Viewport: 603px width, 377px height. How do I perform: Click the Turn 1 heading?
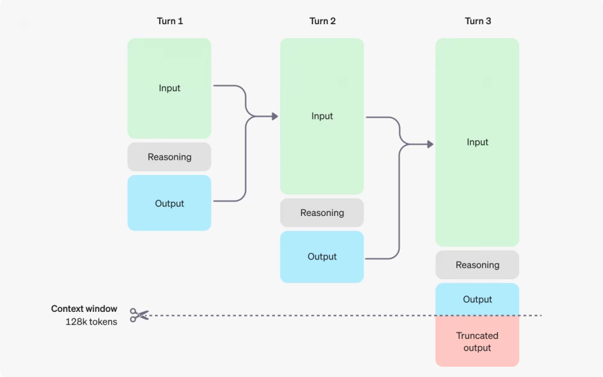coord(169,21)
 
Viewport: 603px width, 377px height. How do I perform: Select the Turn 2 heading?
coord(323,21)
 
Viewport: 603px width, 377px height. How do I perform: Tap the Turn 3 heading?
coord(478,21)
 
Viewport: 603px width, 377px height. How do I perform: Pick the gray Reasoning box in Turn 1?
coord(169,157)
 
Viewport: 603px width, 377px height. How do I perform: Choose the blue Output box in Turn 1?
coord(169,203)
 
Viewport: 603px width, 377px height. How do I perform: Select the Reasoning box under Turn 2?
coord(322,213)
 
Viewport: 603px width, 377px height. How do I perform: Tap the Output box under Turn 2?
coord(322,256)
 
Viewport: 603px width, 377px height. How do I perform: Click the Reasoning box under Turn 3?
coord(478,265)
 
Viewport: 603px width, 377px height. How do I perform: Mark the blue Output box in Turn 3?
coord(478,299)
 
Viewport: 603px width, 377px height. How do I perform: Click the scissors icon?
coord(139,315)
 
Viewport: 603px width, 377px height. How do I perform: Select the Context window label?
coord(84,309)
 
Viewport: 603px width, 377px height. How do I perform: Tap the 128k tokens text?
coord(92,322)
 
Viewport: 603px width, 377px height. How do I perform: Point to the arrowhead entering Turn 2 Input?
coord(275,116)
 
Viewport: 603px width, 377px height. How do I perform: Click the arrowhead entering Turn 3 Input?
coord(430,144)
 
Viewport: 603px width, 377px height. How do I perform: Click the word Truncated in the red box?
coord(478,336)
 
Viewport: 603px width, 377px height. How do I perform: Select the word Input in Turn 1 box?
coord(169,88)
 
